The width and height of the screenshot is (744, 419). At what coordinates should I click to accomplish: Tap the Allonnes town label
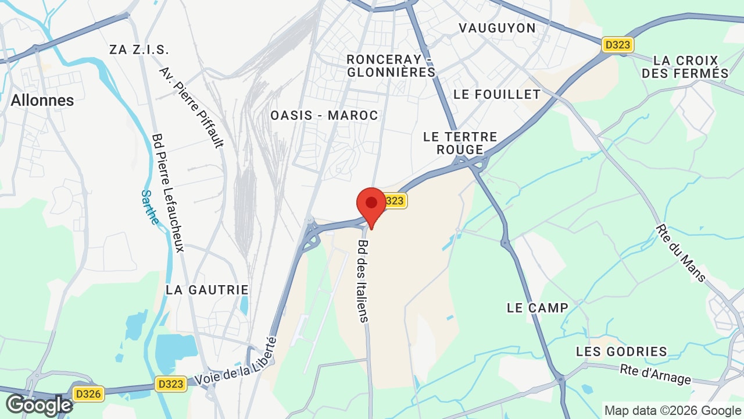[x=42, y=100]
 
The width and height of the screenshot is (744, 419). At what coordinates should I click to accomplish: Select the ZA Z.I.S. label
[x=139, y=49]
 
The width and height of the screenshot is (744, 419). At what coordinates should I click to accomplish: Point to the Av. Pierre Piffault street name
[x=191, y=108]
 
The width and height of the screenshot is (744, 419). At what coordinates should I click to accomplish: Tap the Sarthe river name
[x=150, y=207]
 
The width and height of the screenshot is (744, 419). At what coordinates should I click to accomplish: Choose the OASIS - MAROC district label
[x=324, y=115]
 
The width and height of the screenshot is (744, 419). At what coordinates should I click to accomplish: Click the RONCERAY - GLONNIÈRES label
[x=391, y=66]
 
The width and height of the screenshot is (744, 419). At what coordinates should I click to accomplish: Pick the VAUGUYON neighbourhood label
[x=497, y=28]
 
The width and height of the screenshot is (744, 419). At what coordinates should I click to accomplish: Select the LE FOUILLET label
[x=497, y=94]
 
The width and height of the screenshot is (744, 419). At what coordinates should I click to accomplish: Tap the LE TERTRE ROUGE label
[x=460, y=143]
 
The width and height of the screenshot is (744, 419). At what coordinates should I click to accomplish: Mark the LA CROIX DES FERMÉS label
[x=685, y=67]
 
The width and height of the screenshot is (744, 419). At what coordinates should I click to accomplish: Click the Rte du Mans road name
[x=681, y=253]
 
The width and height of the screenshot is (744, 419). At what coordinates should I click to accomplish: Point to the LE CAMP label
[x=537, y=308]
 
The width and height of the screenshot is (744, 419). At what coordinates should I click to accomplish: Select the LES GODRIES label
[x=621, y=351]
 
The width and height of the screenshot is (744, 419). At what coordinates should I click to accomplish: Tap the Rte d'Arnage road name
[x=656, y=374]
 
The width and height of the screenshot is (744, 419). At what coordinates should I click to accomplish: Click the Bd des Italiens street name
[x=363, y=281]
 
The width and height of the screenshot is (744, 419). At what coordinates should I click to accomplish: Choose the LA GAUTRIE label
[x=207, y=290]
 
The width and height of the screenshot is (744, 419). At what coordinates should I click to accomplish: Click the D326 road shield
[x=88, y=394]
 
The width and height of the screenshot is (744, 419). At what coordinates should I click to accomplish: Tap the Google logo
[x=39, y=405]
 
